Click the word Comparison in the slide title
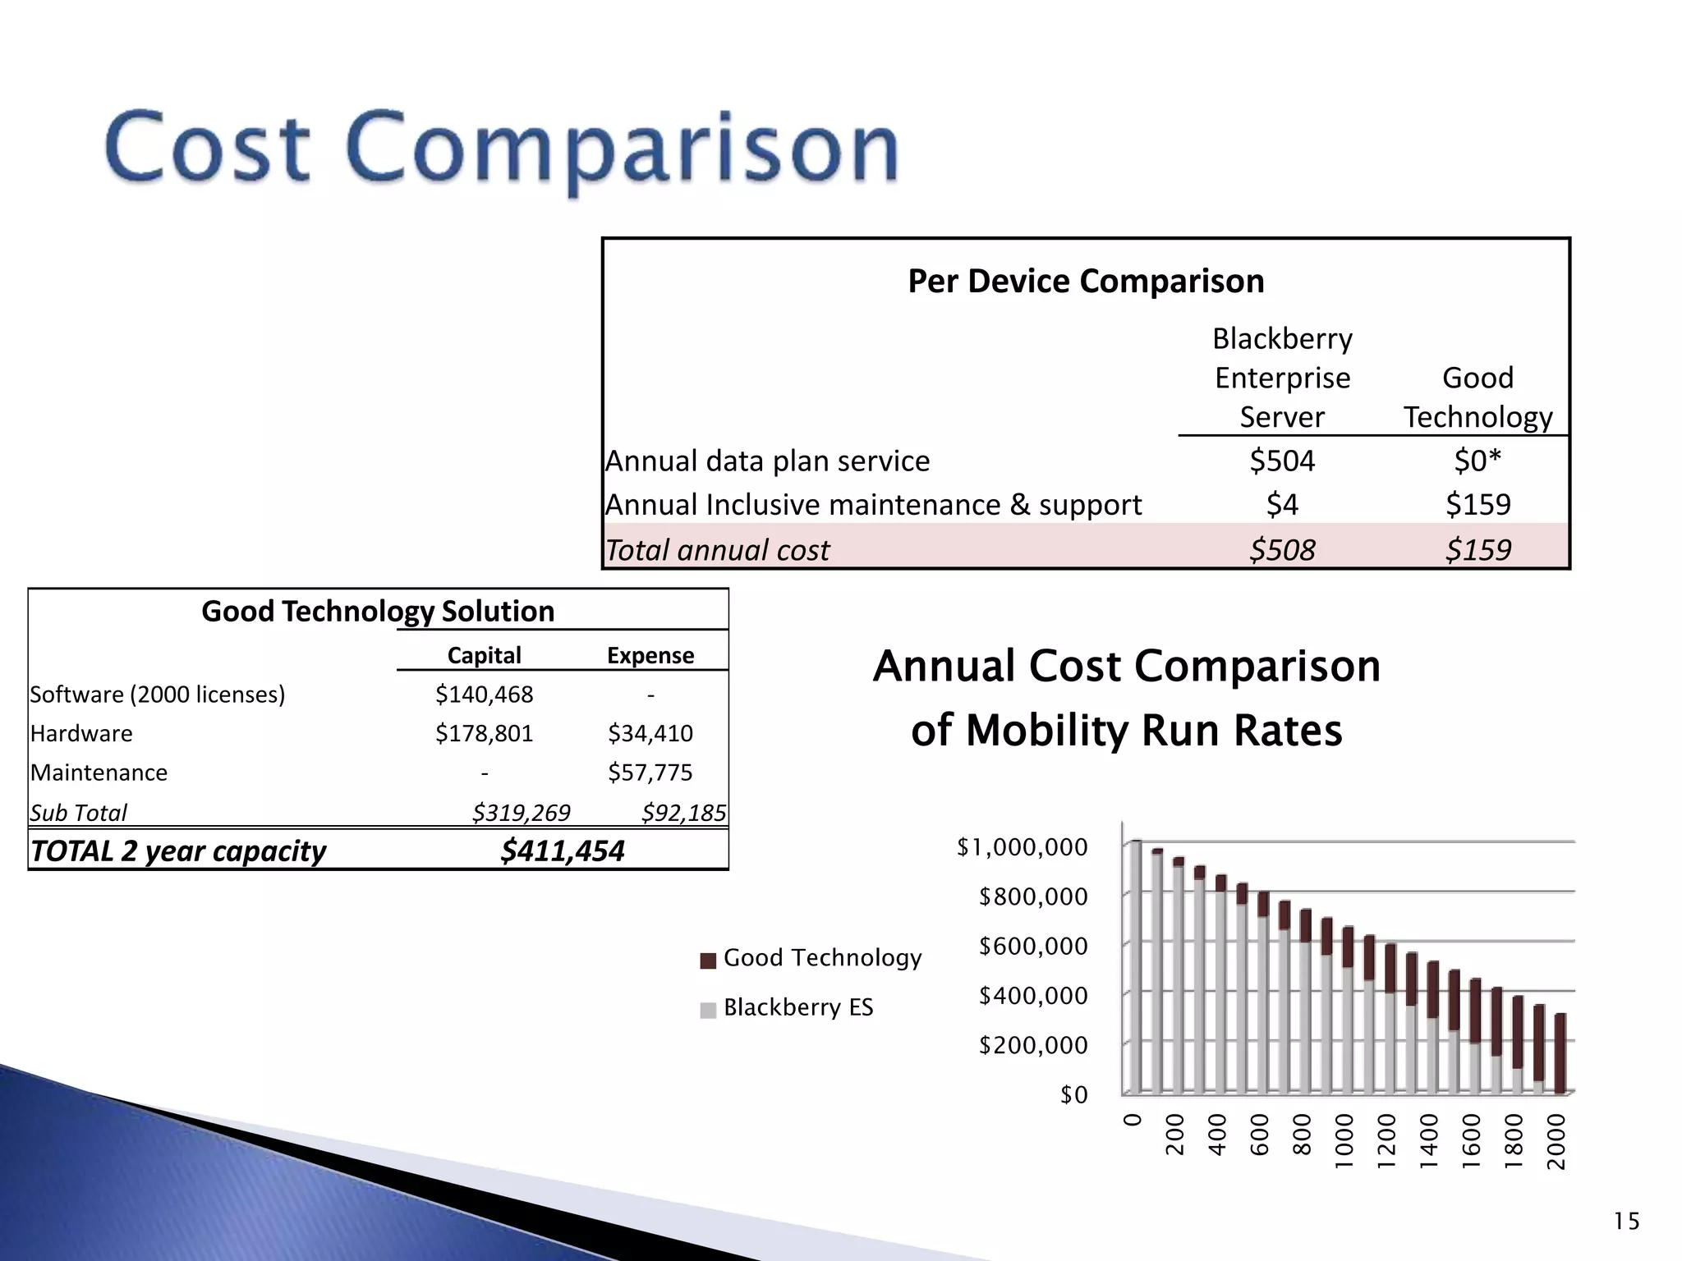pyautogui.click(x=624, y=149)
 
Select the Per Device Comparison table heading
pyautogui.click(x=1086, y=282)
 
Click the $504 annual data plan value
pyautogui.click(x=1281, y=461)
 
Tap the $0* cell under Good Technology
pyautogui.click(x=1477, y=461)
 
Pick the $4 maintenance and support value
pyautogui.click(x=1281, y=504)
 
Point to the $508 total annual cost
pyautogui.click(x=1281, y=549)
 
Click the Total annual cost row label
pyautogui.click(x=717, y=549)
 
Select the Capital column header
pyautogui.click(x=484, y=655)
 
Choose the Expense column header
pyautogui.click(x=650, y=655)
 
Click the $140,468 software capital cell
pyautogui.click(x=484, y=695)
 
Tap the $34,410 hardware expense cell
pyautogui.click(x=650, y=733)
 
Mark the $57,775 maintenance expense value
pyautogui.click(x=650, y=773)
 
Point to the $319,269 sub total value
pyautogui.click(x=521, y=813)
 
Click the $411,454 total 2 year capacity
pyautogui.click(x=563, y=851)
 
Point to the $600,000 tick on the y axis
pyautogui.click(x=1032, y=947)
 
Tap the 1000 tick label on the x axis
pyautogui.click(x=1344, y=1141)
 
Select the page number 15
pyautogui.click(x=1626, y=1222)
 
